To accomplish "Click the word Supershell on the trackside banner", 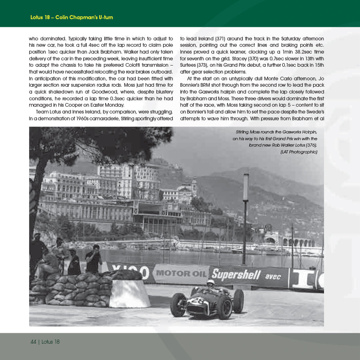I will [236, 275].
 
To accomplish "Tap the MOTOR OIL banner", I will [181, 274].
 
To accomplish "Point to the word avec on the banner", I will [273, 276].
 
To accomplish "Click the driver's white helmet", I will [210, 283].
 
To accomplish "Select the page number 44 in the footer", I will [34, 342].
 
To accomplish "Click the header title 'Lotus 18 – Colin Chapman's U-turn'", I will [72, 18].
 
